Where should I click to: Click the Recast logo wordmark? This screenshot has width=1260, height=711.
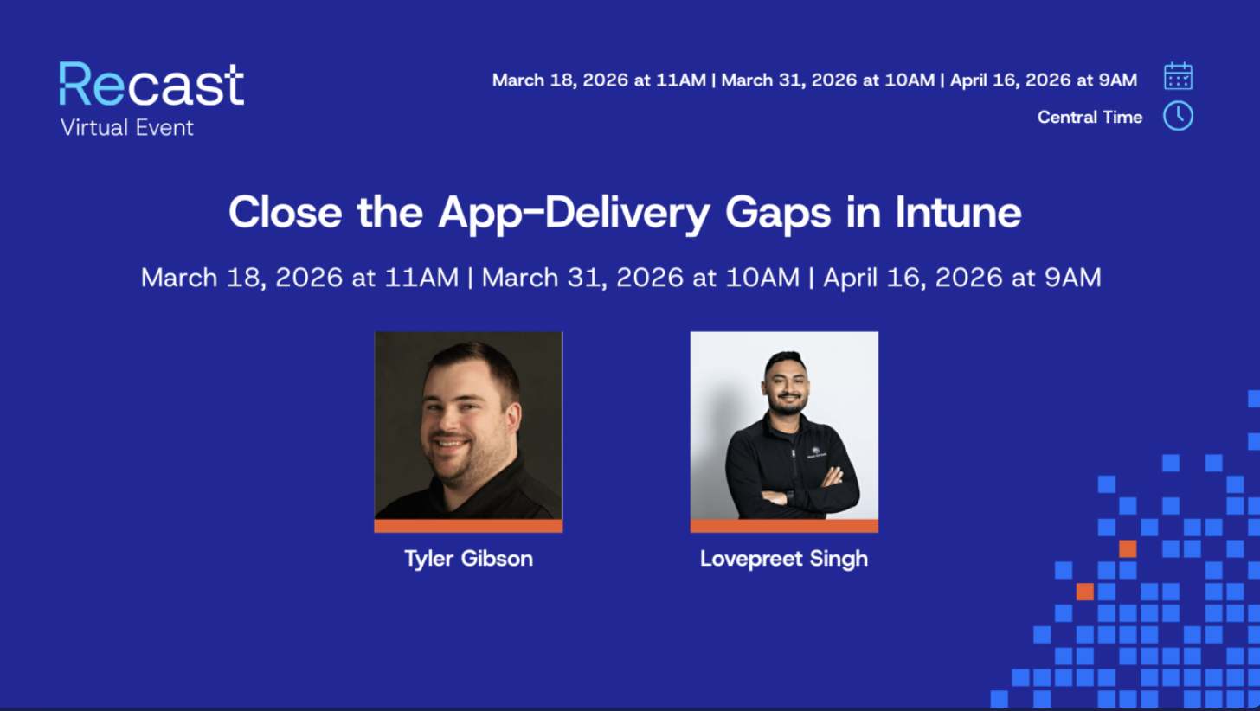pos(151,85)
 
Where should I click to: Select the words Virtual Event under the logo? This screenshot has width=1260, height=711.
pos(127,128)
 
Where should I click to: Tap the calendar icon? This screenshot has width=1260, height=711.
pos(1178,76)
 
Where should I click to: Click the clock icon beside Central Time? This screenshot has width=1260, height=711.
pos(1178,116)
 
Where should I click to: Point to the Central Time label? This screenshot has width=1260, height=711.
pos(1090,117)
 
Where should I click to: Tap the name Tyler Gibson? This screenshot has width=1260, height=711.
pos(468,559)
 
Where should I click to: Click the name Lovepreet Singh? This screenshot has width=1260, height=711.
pos(783,559)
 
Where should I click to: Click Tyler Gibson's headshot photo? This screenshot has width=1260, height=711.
pos(468,426)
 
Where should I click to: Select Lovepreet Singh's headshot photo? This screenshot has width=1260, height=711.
pos(783,426)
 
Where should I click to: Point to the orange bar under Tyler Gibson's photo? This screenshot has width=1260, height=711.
pos(468,526)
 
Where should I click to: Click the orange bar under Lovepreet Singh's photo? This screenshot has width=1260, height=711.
pos(783,526)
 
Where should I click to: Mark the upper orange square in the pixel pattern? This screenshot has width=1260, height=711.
pos(1127,548)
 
